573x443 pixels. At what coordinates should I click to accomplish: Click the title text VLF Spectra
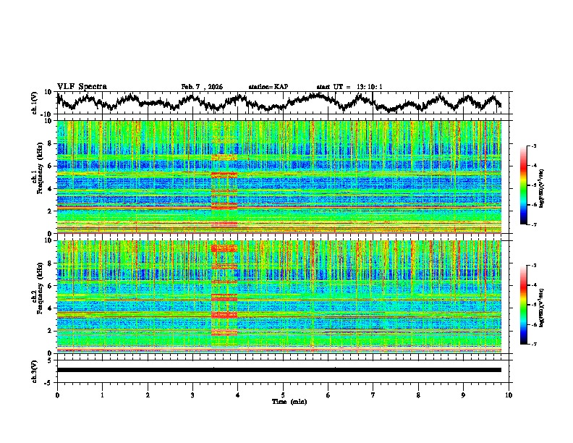click(82, 86)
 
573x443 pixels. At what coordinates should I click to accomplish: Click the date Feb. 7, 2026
click(202, 87)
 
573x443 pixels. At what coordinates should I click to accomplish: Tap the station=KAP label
click(268, 87)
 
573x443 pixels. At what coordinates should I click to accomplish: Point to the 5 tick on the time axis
click(283, 395)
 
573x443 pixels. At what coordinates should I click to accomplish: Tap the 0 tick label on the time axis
click(57, 395)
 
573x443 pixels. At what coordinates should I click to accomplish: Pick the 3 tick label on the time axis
click(192, 395)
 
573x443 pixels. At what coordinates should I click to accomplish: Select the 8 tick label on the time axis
click(418, 395)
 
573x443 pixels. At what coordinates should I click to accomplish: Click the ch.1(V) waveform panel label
click(35, 103)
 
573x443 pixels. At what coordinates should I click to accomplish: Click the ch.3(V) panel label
click(35, 370)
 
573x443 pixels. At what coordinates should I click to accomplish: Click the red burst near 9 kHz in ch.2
click(224, 248)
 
